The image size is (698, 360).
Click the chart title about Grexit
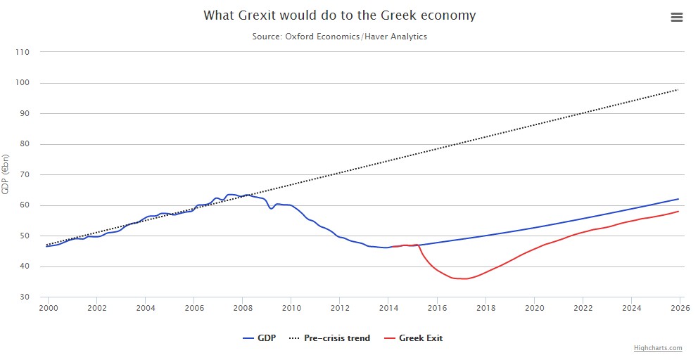point(339,15)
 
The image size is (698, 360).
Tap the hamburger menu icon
point(677,18)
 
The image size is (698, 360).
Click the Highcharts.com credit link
point(657,348)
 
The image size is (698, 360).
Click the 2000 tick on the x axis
point(48,308)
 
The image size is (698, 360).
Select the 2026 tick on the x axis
point(678,308)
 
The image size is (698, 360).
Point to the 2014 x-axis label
point(388,308)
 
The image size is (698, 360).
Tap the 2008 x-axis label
point(242,308)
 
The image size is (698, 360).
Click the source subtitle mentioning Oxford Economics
point(339,37)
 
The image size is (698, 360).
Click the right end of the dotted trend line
point(678,89)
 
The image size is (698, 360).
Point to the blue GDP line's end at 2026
point(678,199)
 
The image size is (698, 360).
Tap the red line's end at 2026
point(678,212)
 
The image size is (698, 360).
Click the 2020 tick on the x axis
point(533,308)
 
